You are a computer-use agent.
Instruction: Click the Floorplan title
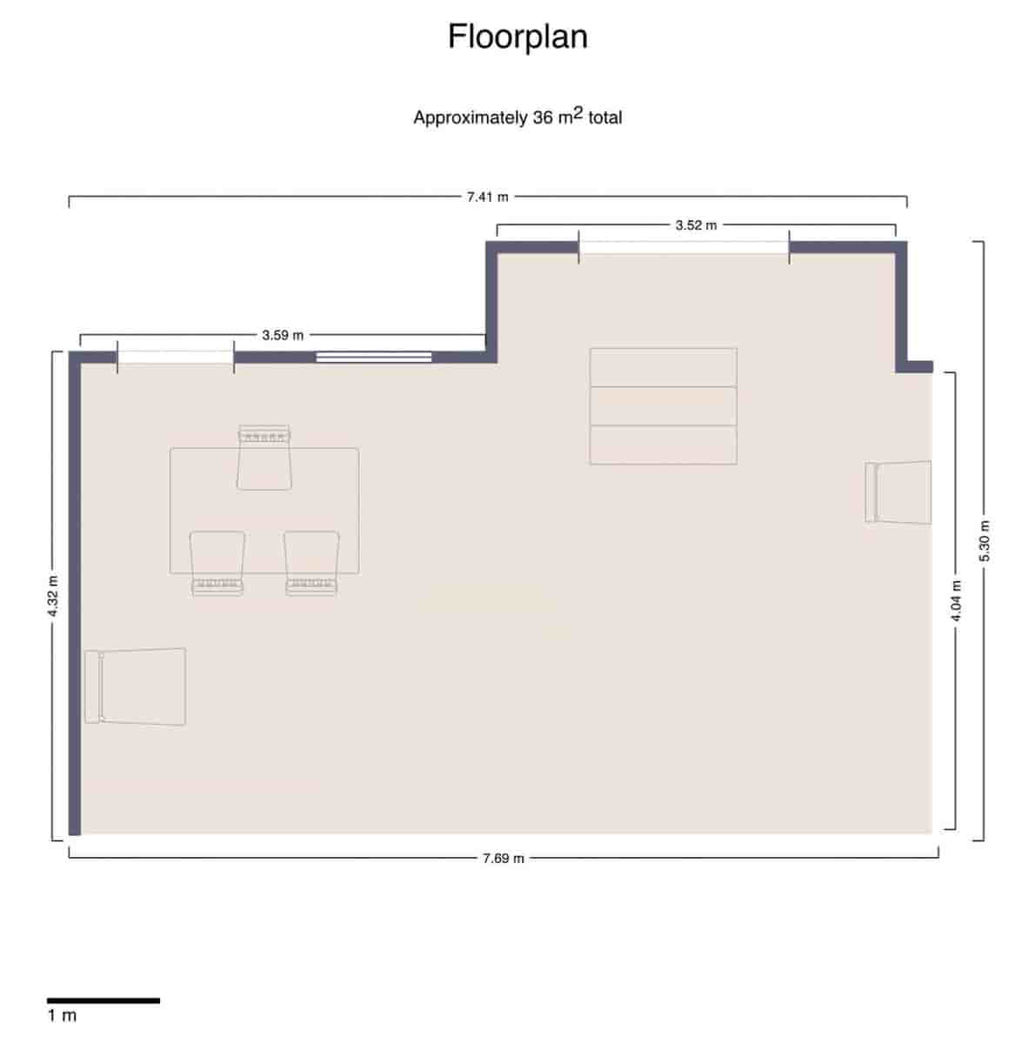click(518, 37)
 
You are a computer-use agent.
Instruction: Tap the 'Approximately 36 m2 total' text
click(518, 117)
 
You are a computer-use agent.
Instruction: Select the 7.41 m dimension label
click(487, 197)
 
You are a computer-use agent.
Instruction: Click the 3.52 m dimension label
click(696, 225)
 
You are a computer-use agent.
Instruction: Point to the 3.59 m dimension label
click(283, 334)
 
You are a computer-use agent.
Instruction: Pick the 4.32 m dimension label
click(53, 597)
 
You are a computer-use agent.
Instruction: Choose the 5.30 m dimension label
click(985, 541)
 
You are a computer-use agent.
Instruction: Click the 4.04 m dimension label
click(956, 600)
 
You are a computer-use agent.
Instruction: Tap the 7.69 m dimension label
click(504, 859)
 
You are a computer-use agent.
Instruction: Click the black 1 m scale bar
click(103, 1000)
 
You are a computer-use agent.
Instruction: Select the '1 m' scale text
click(62, 1015)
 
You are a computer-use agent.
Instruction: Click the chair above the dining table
click(264, 458)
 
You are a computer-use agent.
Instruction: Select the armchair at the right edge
click(899, 492)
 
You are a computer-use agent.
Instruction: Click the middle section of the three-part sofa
click(663, 406)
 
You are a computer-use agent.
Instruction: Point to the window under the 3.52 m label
click(684, 248)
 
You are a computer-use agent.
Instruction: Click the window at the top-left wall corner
click(175, 357)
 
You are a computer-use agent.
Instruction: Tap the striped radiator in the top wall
click(373, 357)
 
